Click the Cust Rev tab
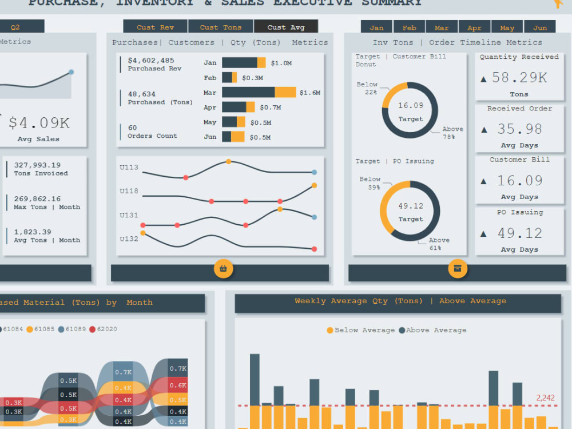155,27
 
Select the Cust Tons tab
220,27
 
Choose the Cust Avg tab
286,27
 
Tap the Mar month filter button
442,27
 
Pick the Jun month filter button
539,27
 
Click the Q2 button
15,27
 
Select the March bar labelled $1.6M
259,92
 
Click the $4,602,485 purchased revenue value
151,60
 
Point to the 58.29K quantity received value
519,78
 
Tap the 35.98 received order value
519,129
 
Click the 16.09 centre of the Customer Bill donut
411,105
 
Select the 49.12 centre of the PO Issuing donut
411,206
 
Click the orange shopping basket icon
223,268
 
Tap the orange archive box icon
458,268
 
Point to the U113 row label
129,168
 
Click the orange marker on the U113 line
228,162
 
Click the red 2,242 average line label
545,398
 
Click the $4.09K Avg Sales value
39,123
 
